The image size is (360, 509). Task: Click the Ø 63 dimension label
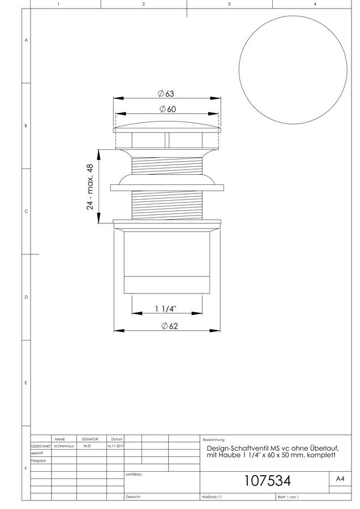click(x=166, y=93)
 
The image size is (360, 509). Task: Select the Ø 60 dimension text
click(x=168, y=109)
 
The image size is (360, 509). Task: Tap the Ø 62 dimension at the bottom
click(x=170, y=326)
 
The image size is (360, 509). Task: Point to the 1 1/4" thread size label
click(x=165, y=308)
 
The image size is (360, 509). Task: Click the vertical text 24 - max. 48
click(x=90, y=187)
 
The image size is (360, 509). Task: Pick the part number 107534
click(x=267, y=480)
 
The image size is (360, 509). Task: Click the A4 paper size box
click(x=340, y=479)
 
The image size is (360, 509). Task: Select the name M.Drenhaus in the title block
click(x=64, y=446)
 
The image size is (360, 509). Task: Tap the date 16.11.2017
click(x=115, y=446)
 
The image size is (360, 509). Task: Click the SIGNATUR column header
click(x=89, y=439)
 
